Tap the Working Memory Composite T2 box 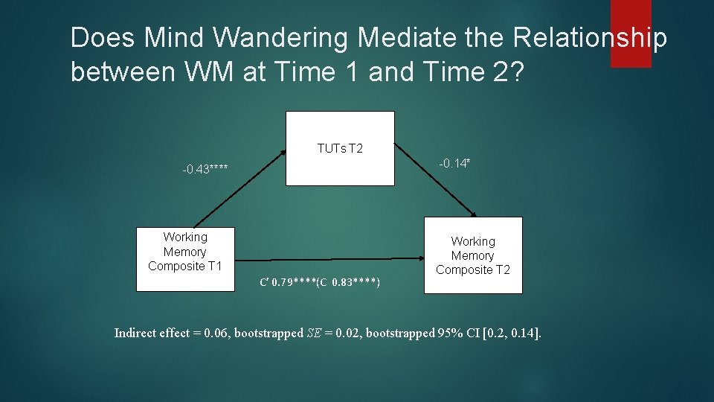473,255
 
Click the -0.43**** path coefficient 205,170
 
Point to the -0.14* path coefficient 454,163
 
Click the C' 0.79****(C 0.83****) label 320,282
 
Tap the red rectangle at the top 631,33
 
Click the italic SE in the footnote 315,333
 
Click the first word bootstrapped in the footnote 268,333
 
